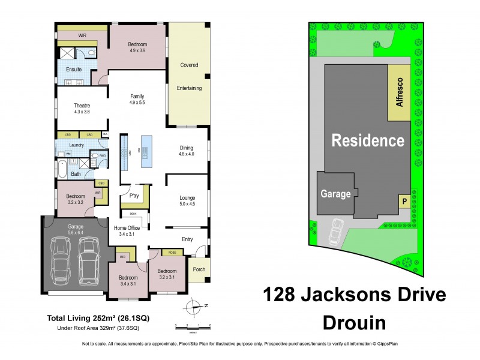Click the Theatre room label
coord(82,106)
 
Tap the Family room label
coord(137,96)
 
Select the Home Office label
coord(128,227)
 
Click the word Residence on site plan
coord(368,141)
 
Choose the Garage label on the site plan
coord(335,194)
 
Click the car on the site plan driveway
coord(337,232)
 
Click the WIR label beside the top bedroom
coord(82,35)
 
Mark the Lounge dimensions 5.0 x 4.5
coord(188,204)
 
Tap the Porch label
coord(199,269)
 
